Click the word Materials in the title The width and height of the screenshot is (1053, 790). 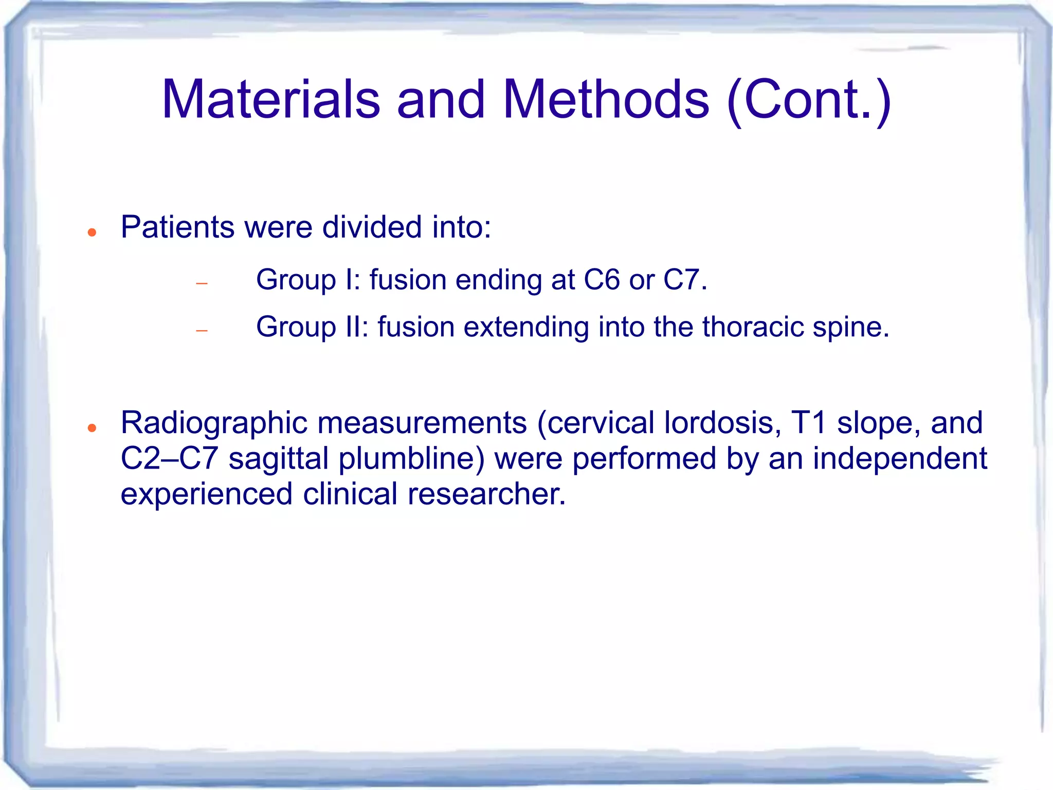[271, 99]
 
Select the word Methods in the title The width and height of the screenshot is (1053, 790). [606, 99]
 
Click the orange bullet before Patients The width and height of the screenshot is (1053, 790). [92, 233]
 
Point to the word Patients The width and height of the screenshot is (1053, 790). [177, 227]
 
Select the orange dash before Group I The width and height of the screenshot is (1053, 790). [202, 283]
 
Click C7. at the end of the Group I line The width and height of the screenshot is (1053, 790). [685, 280]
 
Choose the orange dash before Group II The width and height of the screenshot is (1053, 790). [202, 331]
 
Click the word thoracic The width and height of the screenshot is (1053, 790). [753, 327]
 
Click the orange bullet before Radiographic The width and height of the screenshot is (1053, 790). [92, 428]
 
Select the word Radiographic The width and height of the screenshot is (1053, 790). [213, 423]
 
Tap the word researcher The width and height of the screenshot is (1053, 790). [486, 494]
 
